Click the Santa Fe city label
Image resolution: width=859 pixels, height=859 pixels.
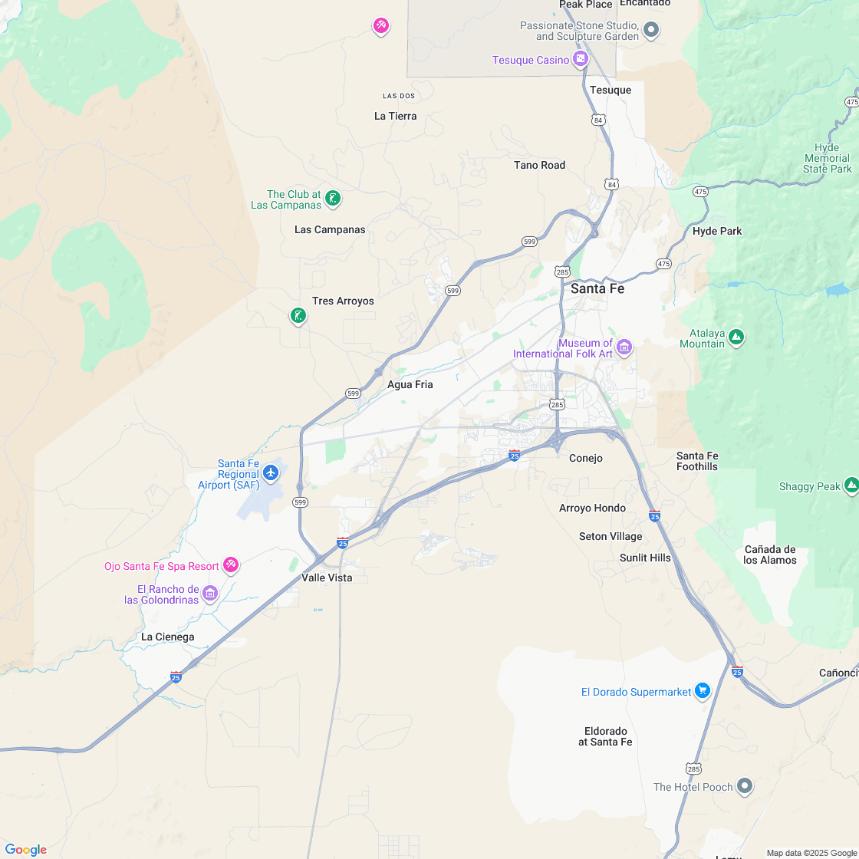click(x=597, y=289)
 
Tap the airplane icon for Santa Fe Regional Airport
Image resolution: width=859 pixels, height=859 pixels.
click(x=271, y=473)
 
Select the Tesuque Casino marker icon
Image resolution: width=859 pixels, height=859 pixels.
click(x=581, y=59)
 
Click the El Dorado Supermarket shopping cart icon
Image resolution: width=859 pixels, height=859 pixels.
click(x=702, y=691)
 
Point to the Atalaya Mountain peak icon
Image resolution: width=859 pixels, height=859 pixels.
click(x=736, y=337)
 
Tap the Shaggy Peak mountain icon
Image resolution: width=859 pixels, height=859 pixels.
click(x=851, y=485)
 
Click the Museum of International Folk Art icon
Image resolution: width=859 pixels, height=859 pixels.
click(x=624, y=347)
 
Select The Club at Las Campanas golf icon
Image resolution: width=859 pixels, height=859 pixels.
click(x=332, y=199)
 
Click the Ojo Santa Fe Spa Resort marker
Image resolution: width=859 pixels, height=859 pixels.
click(x=230, y=565)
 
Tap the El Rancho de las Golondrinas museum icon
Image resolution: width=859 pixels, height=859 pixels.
click(x=209, y=593)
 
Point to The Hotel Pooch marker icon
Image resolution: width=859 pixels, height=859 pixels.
click(x=744, y=786)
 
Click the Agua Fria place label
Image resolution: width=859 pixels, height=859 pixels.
click(x=410, y=385)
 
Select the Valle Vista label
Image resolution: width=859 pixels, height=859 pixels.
click(x=327, y=578)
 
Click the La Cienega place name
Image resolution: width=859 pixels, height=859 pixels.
click(x=167, y=637)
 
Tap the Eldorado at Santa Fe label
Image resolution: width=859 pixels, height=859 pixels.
click(x=605, y=736)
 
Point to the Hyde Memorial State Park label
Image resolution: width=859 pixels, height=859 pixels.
click(x=828, y=158)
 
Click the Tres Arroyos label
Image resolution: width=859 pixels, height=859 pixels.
click(x=343, y=301)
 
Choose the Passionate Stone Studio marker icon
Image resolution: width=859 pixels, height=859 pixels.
click(x=651, y=31)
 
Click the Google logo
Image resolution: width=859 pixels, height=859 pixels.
click(x=25, y=849)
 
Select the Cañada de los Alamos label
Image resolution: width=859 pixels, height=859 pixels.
click(x=770, y=555)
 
